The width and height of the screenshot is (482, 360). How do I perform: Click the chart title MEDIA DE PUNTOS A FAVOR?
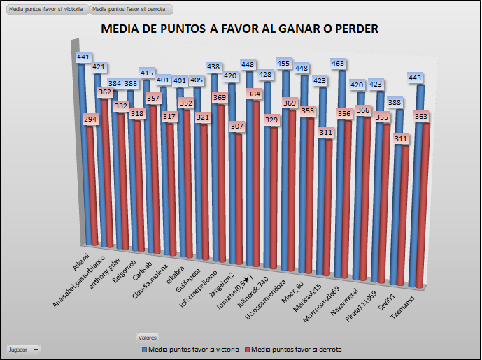pos(240,29)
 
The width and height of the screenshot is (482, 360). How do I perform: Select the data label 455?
pos(284,64)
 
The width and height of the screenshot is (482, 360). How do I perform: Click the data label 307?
pos(235,127)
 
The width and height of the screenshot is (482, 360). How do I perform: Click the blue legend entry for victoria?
pos(191,348)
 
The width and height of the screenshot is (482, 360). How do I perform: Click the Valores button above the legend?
pos(148,337)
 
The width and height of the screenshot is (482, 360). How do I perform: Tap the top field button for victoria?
pos(45,10)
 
